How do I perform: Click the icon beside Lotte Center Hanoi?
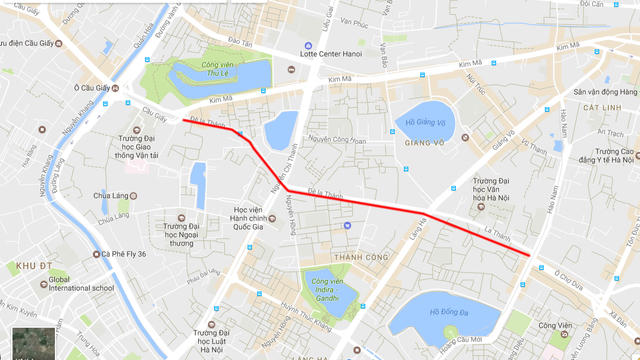click(x=308, y=46)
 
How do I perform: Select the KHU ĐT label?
click(x=21, y=265)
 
